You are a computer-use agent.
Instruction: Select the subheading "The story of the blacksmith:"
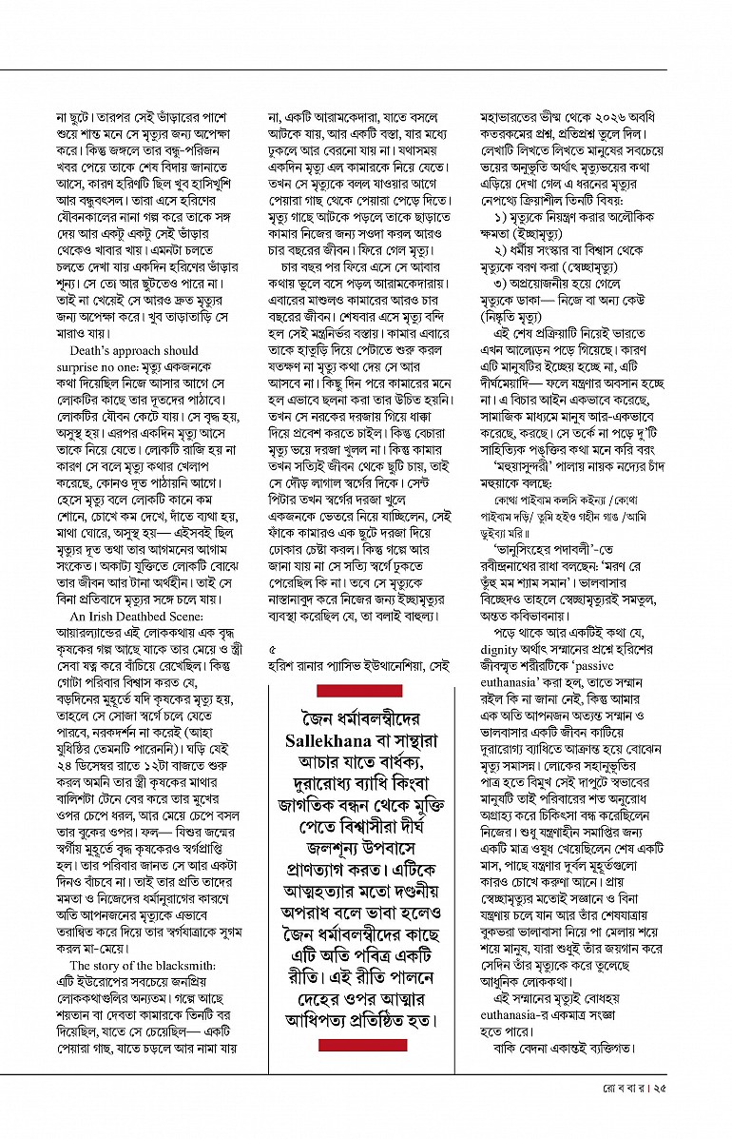click(136, 965)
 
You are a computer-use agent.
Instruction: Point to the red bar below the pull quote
click(361, 1045)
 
